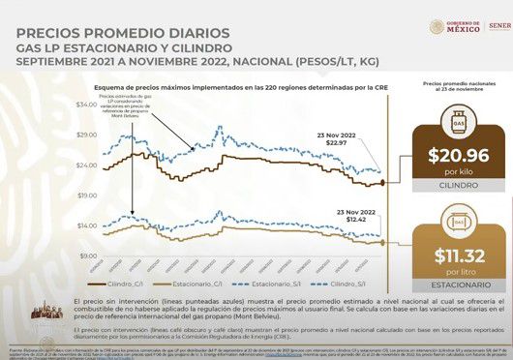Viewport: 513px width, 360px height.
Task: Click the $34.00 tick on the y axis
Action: click(x=86, y=104)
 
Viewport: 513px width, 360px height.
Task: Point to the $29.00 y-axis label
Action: click(x=86, y=134)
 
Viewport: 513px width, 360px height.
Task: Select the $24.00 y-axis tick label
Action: click(x=86, y=165)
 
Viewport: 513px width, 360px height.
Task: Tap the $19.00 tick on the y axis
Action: click(x=86, y=195)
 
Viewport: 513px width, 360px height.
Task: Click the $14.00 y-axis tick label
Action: click(x=86, y=225)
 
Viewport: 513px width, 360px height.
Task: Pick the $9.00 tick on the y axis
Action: click(x=88, y=255)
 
